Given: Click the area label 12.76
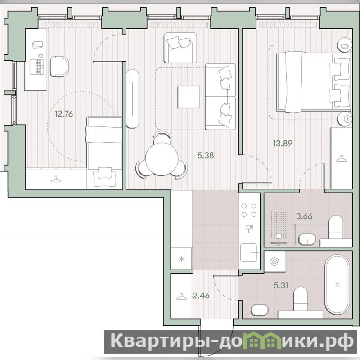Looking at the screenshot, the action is [x=64, y=114].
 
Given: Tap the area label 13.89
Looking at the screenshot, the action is [x=283, y=144].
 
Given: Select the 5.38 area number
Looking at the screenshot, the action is [x=206, y=155].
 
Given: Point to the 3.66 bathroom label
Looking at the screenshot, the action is [x=304, y=216].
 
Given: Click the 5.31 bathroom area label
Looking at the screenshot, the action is [x=281, y=285].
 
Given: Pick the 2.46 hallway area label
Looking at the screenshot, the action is [x=201, y=296].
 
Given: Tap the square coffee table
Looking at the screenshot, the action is [x=189, y=97].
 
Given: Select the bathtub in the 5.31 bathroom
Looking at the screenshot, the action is [x=337, y=285].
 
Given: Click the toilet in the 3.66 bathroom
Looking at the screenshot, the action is [x=336, y=227].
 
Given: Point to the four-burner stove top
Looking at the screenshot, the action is [x=249, y=210].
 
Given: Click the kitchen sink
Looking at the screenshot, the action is [x=249, y=253].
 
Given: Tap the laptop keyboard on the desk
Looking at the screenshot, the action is [x=37, y=67].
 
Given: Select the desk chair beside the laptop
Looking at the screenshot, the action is [x=59, y=67].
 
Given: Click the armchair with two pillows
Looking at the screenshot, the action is [x=180, y=48].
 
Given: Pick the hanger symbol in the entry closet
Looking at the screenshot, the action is [x=182, y=297].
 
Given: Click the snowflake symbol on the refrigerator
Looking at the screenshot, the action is [x=182, y=260].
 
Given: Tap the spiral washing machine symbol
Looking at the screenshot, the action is [x=275, y=262].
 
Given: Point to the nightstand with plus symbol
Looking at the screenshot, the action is [x=345, y=119].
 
